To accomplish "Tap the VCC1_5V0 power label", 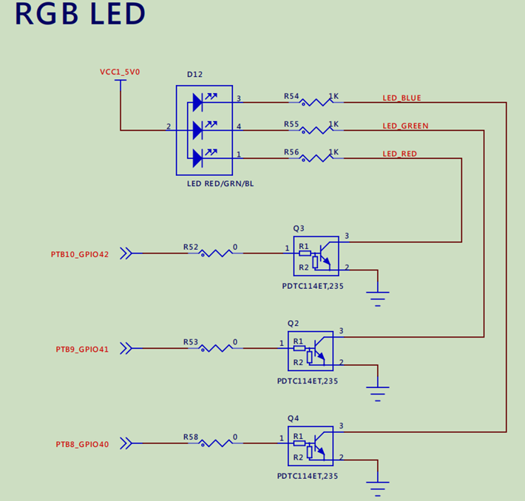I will point(120,72).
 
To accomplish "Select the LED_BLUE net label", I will point(402,98).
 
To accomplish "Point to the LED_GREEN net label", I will point(405,126).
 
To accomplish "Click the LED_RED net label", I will point(399,154).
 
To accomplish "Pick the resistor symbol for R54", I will point(316,103).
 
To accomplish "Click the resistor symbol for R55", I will point(316,130).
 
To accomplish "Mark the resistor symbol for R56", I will point(316,158).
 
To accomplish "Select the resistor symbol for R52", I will point(216,253).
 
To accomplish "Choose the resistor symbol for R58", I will point(216,443).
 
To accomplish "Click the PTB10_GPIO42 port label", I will point(80,254).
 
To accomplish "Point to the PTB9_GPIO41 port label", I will point(82,349).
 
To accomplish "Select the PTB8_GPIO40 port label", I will point(82,444).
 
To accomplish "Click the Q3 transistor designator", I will point(298,228).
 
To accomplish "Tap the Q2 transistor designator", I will point(293,323).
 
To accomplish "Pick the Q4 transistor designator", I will point(293,418).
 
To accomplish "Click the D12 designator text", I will point(195,75).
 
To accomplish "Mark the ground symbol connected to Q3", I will point(378,297).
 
